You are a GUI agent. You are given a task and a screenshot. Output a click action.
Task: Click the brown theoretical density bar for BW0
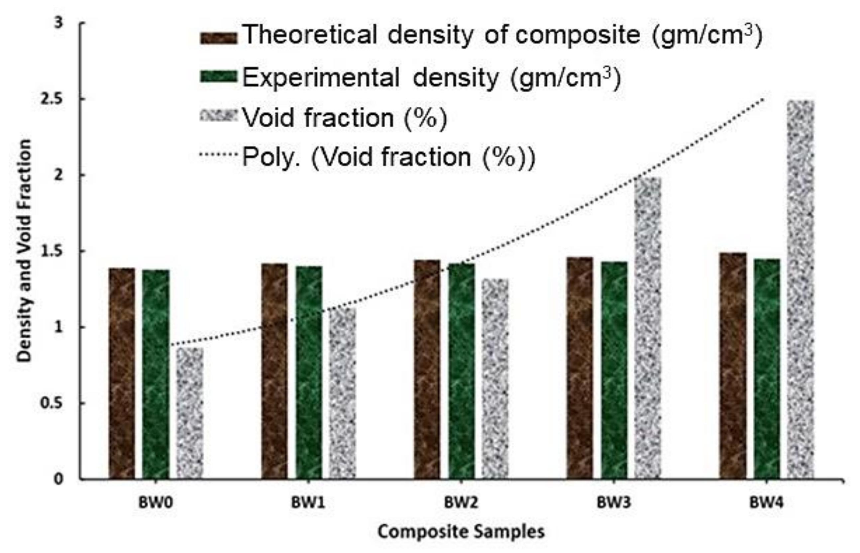[122, 374]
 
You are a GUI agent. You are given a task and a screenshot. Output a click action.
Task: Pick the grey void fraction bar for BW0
[190, 413]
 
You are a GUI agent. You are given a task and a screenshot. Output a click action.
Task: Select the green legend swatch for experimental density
[219, 76]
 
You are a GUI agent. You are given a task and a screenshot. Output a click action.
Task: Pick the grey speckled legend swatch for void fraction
[219, 115]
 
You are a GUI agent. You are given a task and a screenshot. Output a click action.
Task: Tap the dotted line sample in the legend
[219, 155]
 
